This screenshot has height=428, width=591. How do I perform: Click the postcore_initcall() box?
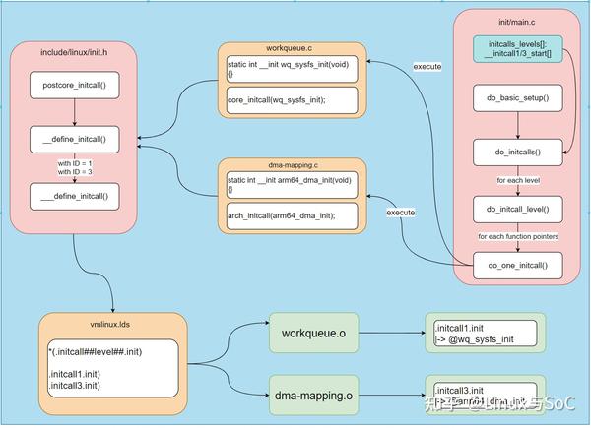point(75,86)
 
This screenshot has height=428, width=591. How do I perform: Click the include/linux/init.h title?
point(74,52)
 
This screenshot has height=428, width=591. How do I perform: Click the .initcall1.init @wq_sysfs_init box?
point(484,335)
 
